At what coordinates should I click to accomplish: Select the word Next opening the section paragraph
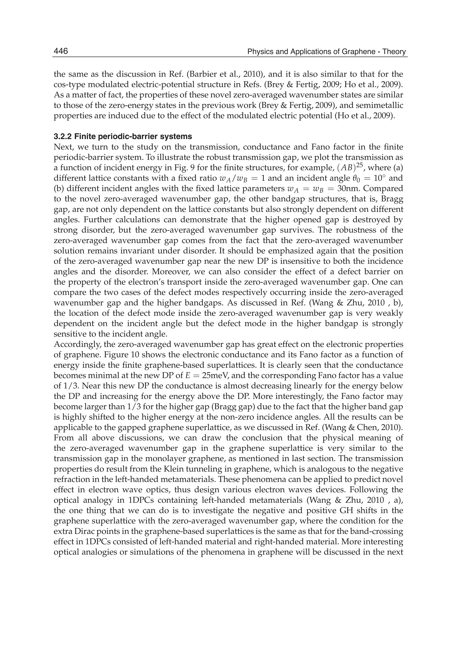pos(63,147)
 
